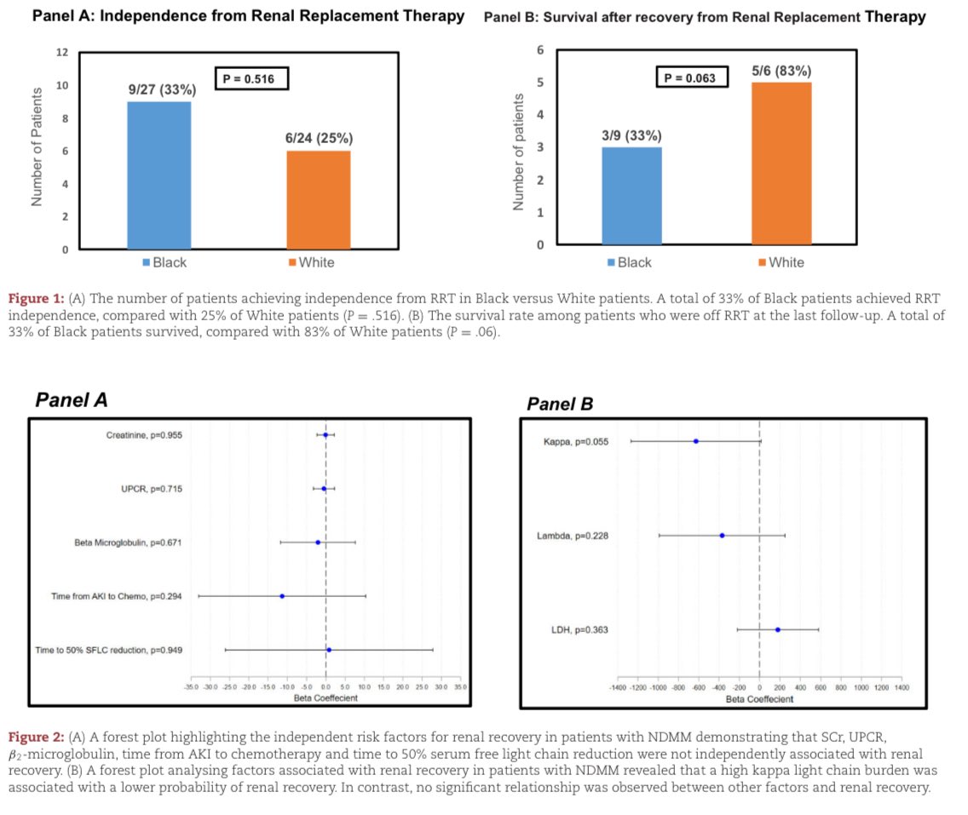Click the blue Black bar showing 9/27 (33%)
point(159,175)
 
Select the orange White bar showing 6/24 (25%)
point(318,200)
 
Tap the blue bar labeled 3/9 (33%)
point(631,196)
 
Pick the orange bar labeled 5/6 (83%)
point(781,164)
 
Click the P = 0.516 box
point(251,79)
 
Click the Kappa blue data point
point(696,441)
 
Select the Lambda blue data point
point(722,536)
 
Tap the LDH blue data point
point(777,630)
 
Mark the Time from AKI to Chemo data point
point(282,596)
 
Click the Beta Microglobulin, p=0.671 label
point(127,542)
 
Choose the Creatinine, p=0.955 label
point(144,435)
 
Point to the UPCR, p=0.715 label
point(151,489)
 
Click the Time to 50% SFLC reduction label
point(108,651)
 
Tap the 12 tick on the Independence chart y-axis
point(62,53)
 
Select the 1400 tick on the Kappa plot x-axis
point(902,686)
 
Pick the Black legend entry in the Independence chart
point(164,262)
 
